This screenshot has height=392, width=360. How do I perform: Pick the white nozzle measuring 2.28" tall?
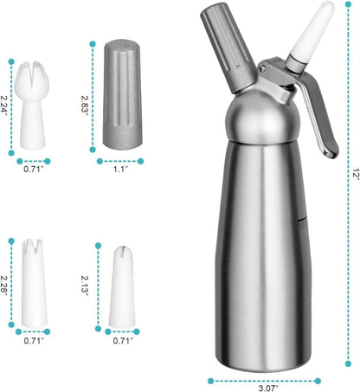coord(29,280)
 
